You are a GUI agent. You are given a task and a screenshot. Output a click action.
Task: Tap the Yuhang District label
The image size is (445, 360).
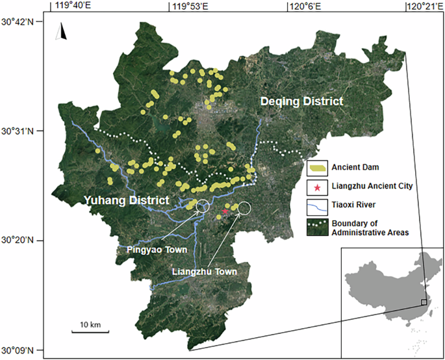127,201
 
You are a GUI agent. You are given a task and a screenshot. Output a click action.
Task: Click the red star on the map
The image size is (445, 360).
225,211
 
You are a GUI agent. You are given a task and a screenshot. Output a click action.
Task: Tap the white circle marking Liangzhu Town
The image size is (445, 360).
244,208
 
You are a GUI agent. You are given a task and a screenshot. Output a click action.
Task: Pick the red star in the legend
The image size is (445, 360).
317,187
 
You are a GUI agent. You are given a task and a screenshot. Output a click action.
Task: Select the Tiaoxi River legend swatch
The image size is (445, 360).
317,206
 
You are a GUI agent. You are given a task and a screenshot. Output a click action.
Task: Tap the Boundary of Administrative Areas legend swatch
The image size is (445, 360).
317,227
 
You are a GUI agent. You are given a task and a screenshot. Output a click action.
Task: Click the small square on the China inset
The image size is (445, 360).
424,302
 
